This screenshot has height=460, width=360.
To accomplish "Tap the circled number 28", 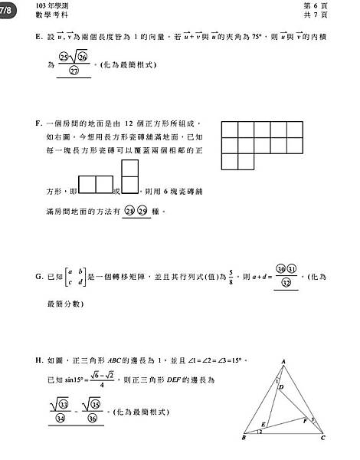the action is (129, 210).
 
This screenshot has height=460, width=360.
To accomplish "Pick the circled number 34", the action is (61, 419).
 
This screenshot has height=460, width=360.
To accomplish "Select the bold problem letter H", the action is (39, 360).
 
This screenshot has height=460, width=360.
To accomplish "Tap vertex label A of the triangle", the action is (283, 362).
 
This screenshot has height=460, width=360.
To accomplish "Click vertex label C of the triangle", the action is (323, 439).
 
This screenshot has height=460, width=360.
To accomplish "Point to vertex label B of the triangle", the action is (243, 439).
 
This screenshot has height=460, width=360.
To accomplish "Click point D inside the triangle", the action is (282, 387).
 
